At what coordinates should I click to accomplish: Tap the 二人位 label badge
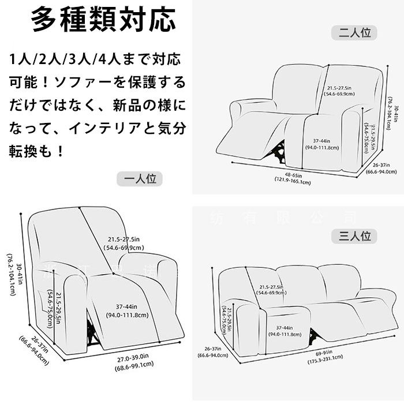pyautogui.click(x=354, y=33)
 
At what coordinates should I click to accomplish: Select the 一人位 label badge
pyautogui.click(x=140, y=179)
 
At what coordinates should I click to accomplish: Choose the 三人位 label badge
pyautogui.click(x=354, y=236)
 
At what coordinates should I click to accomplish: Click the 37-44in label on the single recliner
pyautogui.click(x=128, y=311)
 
